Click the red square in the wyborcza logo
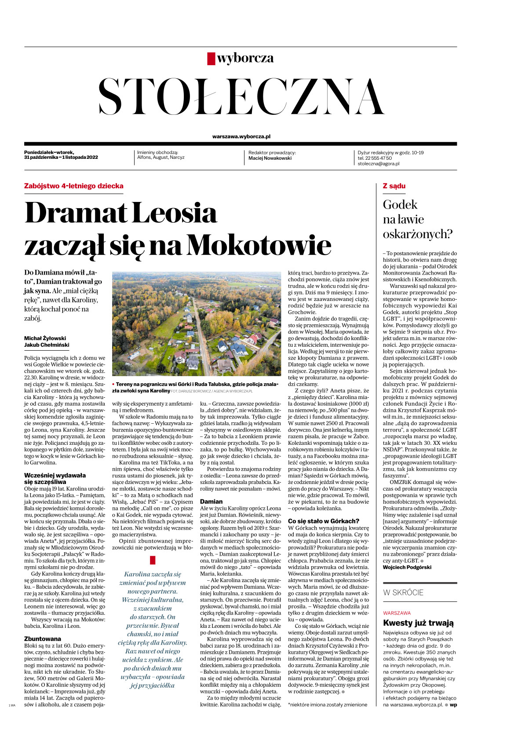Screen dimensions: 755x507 [x=211, y=59]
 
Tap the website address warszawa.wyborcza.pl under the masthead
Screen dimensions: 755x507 [x=241, y=137]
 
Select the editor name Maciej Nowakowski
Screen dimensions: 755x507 [x=270, y=158]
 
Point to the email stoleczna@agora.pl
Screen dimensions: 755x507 [x=378, y=164]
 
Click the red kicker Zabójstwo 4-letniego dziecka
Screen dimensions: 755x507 [x=73, y=186]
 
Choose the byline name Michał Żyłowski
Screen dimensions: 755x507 [x=45, y=338]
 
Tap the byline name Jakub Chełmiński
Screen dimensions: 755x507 [x=47, y=345]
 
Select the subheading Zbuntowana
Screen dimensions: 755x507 [x=43, y=639]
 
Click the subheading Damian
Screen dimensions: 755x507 [x=211, y=502]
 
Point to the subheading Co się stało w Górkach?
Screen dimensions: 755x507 [x=323, y=521]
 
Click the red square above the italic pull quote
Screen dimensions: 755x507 [x=153, y=560]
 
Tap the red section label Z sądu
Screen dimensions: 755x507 [x=394, y=186]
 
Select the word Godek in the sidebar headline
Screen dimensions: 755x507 [x=400, y=205]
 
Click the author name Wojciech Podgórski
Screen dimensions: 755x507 [x=407, y=567]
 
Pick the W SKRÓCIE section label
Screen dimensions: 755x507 [x=403, y=593]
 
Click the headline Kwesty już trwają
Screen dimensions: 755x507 [x=418, y=623]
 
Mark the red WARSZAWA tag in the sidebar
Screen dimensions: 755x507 [x=397, y=613]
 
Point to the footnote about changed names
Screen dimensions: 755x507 [x=327, y=705]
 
